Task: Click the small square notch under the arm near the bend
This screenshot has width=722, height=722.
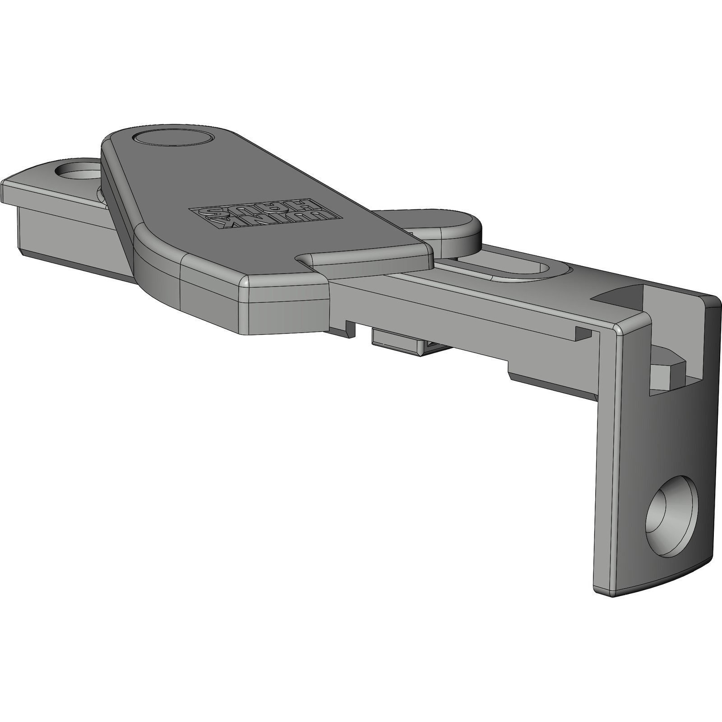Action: point(583,333)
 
